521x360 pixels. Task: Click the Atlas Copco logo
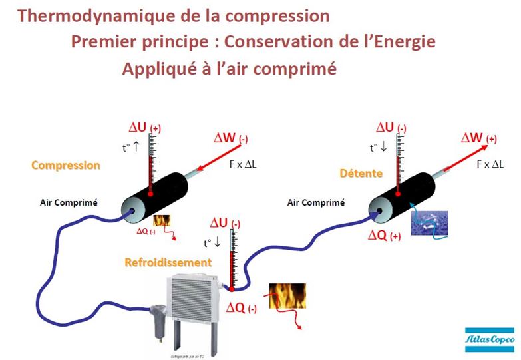485,339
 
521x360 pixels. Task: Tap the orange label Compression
65,165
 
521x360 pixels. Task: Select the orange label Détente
361,174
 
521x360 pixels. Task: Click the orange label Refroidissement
168,262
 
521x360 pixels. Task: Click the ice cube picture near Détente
429,222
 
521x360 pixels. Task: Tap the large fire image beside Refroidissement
287,295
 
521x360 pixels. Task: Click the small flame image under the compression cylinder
162,221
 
